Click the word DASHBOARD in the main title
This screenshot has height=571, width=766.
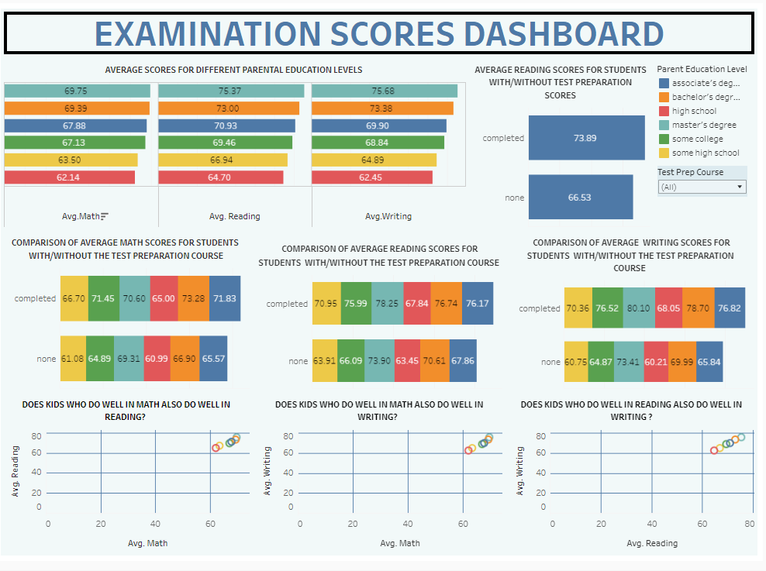click(x=563, y=34)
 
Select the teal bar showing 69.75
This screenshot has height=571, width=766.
click(x=76, y=91)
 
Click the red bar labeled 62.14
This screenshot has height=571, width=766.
click(x=69, y=177)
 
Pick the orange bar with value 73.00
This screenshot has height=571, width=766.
click(x=228, y=108)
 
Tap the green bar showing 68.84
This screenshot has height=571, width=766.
click(x=378, y=143)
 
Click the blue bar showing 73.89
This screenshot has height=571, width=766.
click(x=585, y=138)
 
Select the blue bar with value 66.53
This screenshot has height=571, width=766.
click(x=580, y=198)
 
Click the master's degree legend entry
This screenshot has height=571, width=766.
click(x=703, y=125)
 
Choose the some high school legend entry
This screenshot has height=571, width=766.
click(x=705, y=153)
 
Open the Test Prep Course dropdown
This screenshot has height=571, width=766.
click(x=702, y=187)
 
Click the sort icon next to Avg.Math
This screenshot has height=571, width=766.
click(x=105, y=216)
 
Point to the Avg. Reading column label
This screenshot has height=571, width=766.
click(x=234, y=216)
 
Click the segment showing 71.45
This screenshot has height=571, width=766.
click(x=103, y=298)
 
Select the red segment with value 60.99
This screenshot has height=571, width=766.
click(x=157, y=359)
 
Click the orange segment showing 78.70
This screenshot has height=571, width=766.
click(x=696, y=308)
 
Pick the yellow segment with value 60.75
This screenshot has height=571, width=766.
click(x=576, y=362)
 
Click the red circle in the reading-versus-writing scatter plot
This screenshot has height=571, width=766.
click(x=714, y=450)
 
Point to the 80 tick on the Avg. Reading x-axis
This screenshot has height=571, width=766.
click(x=749, y=524)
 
